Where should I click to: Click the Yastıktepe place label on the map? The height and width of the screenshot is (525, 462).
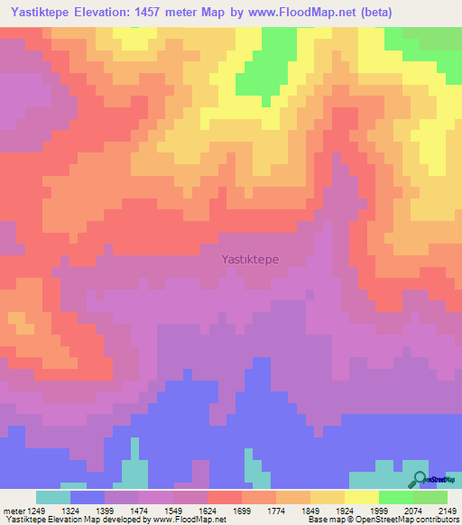click(250, 259)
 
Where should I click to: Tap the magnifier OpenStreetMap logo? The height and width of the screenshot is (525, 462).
click(418, 479)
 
